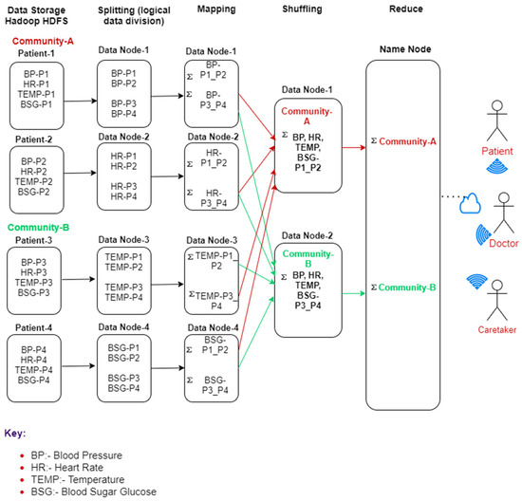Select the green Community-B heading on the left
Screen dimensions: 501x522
tap(44, 226)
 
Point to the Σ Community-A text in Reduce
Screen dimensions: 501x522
tap(405, 142)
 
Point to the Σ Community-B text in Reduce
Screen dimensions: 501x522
tap(405, 286)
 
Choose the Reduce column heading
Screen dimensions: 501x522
tap(405, 10)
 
